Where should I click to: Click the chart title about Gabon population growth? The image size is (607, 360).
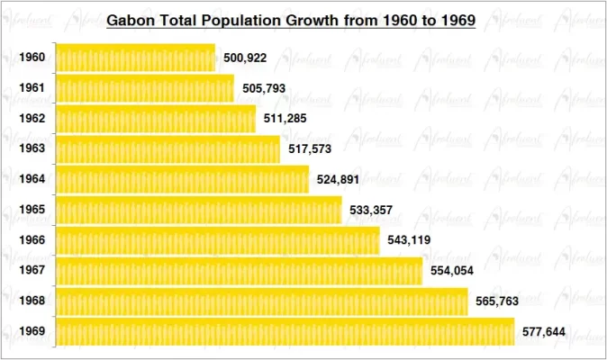pyautogui.click(x=291, y=19)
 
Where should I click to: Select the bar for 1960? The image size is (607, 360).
pyautogui.click(x=135, y=58)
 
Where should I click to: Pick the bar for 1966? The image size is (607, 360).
pyautogui.click(x=218, y=240)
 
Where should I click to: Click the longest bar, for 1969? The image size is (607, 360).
pyautogui.click(x=285, y=332)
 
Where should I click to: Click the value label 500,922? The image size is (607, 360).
pyautogui.click(x=245, y=58)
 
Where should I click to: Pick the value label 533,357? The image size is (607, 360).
pyautogui.click(x=372, y=211)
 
